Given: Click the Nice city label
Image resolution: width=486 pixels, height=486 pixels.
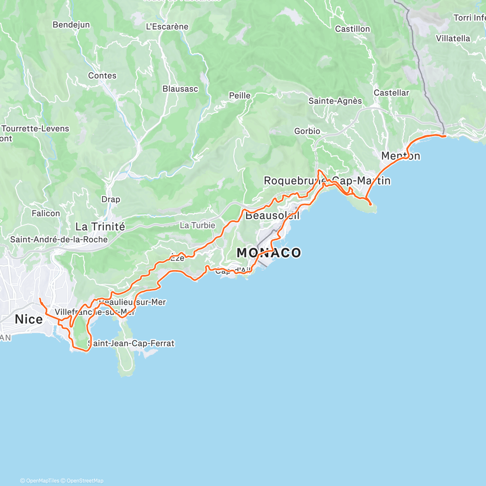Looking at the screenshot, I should pyautogui.click(x=29, y=319).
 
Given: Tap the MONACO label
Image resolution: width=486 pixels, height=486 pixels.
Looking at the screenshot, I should pyautogui.click(x=269, y=253).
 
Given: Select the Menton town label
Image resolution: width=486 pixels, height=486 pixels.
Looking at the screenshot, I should pyautogui.click(x=401, y=156).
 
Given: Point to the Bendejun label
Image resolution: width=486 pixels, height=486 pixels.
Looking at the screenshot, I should pyautogui.click(x=71, y=25).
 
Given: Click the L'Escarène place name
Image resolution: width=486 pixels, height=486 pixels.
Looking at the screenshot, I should pyautogui.click(x=167, y=27).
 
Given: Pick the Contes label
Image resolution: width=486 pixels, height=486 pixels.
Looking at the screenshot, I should pyautogui.click(x=102, y=76).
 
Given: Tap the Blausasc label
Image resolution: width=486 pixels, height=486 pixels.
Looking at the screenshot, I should pyautogui.click(x=180, y=89).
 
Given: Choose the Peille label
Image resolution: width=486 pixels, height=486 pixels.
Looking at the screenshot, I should pyautogui.click(x=240, y=96).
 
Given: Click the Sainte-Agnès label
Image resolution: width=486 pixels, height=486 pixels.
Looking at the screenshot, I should pyautogui.click(x=335, y=101).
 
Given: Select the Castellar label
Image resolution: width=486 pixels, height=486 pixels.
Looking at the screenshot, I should pyautogui.click(x=391, y=93).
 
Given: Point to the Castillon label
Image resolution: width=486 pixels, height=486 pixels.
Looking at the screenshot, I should pyautogui.click(x=352, y=29).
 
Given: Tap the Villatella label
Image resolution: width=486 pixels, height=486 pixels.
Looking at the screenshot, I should pyautogui.click(x=453, y=38).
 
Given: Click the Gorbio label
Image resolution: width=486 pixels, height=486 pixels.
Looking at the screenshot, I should pyautogui.click(x=307, y=131).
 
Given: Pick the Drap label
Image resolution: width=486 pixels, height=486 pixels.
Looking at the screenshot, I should pyautogui.click(x=111, y=199).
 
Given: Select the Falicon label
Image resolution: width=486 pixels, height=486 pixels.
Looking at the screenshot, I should pyautogui.click(x=46, y=213).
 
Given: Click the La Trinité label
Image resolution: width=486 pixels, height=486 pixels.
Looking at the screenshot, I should pyautogui.click(x=100, y=226).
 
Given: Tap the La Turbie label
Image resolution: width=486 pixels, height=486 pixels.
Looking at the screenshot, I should pyautogui.click(x=198, y=225).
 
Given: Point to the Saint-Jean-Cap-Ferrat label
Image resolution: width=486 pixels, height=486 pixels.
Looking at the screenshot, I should pyautogui.click(x=131, y=343).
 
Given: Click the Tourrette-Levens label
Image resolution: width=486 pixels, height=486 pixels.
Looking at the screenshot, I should pyautogui.click(x=36, y=129).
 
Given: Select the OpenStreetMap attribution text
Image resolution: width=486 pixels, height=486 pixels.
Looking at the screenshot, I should pyautogui.click(x=85, y=481).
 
